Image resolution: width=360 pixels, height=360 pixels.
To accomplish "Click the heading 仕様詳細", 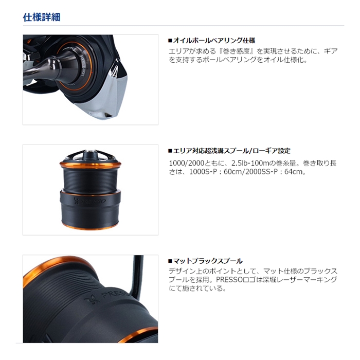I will point(42,16).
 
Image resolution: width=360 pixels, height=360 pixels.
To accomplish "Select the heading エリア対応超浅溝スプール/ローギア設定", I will point(231,151).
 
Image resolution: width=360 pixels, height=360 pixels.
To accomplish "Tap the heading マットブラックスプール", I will point(208,261).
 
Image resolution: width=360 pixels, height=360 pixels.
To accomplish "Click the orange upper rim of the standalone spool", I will point(91,165).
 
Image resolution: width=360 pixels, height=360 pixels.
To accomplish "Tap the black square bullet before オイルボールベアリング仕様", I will point(170,40).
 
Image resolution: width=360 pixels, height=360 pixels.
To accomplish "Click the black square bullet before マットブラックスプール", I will point(170,261).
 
